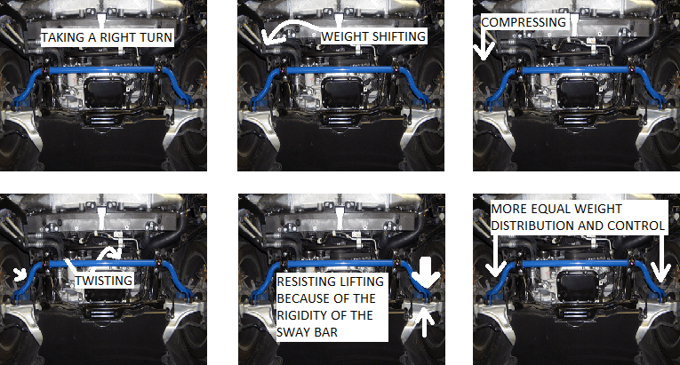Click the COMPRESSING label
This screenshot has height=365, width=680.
coord(524,22)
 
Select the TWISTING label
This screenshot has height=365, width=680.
coord(104,281)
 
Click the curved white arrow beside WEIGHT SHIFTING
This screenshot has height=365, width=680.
coord(290,27)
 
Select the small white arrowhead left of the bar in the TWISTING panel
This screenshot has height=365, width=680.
coord(20,274)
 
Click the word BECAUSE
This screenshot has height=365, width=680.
coord(304,298)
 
